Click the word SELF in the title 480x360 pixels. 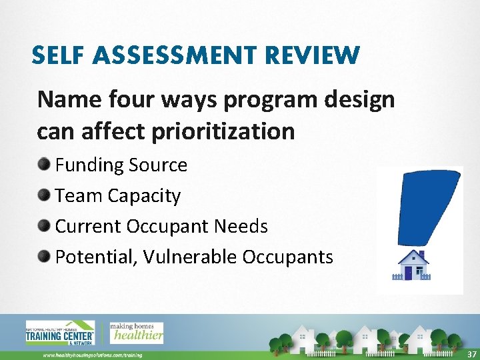[57, 55]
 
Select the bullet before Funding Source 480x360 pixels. [44, 165]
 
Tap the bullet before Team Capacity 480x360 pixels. [44, 195]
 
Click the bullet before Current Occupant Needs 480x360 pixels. [44, 226]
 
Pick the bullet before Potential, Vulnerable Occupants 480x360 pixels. [44, 257]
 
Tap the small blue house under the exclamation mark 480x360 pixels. [413, 265]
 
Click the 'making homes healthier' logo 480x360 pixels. [136, 331]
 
